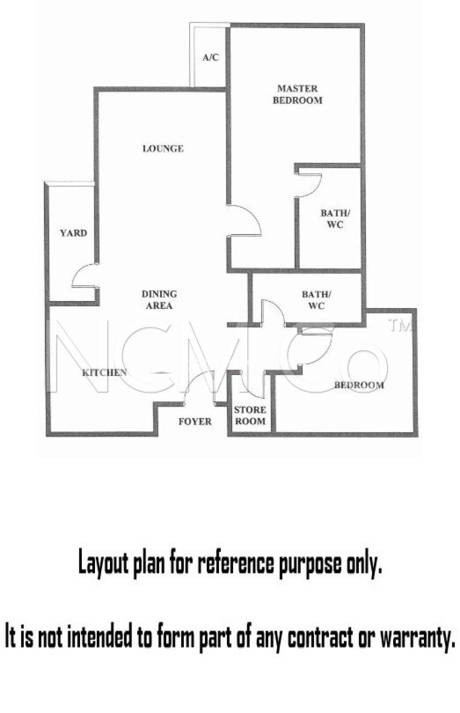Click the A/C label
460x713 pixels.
tap(211, 57)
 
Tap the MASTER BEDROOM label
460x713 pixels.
tap(298, 94)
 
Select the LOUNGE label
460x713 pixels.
tap(163, 149)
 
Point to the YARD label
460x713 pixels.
tap(73, 233)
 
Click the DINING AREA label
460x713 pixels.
tap(159, 300)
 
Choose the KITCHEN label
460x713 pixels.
tap(104, 373)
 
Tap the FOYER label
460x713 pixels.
tap(195, 422)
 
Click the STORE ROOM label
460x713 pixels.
tap(250, 415)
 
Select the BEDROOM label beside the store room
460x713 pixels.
tap(359, 385)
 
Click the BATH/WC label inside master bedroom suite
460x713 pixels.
tap(335, 219)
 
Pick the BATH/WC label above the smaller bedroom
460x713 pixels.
tap(316, 300)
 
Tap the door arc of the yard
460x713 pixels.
tap(82, 275)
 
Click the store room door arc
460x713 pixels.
tap(252, 386)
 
